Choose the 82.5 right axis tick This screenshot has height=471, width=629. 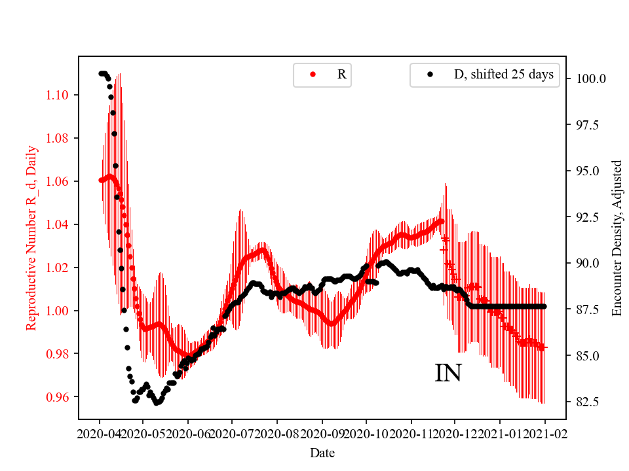pyautogui.click(x=588, y=402)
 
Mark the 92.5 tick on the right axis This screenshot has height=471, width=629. pyautogui.click(x=588, y=217)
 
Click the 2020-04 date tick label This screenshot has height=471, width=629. pyautogui.click(x=100, y=433)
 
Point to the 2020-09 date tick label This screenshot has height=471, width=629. pyautogui.click(x=322, y=433)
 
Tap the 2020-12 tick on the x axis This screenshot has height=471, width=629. pyautogui.click(x=455, y=433)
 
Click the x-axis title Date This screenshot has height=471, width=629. pyautogui.click(x=322, y=452)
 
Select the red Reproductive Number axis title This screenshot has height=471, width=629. pyautogui.click(x=31, y=237)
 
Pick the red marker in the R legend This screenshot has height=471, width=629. pyautogui.click(x=313, y=75)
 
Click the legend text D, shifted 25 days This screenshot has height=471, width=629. pyautogui.click(x=504, y=75)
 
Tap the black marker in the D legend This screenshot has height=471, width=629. pyautogui.click(x=430, y=75)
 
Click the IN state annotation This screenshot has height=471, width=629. pyautogui.click(x=448, y=373)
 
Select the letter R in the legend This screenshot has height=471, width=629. pyautogui.click(x=341, y=75)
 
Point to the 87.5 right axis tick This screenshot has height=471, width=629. pyautogui.click(x=588, y=309)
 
